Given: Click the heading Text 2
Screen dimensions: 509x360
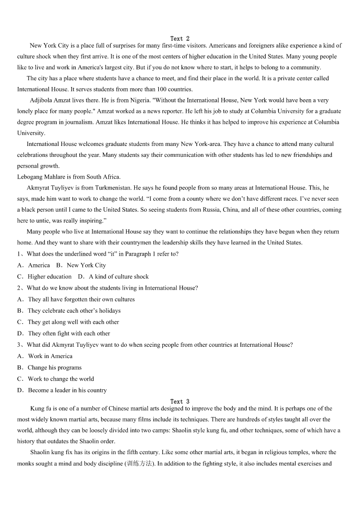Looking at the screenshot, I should tap(180, 39).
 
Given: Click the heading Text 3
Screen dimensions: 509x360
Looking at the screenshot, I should tap(180, 402).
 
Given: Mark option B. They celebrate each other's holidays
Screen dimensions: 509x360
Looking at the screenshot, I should tap(69, 311).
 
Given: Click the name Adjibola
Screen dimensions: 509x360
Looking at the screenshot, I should tap(42, 100).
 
